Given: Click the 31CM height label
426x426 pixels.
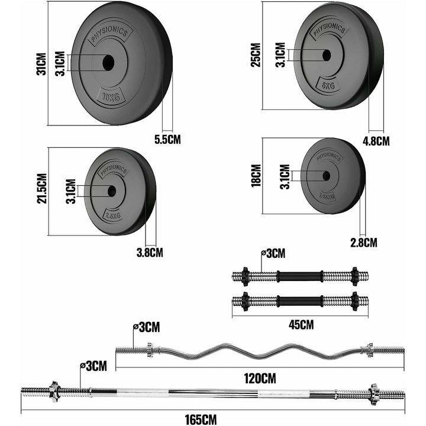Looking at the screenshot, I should pyautogui.click(x=41, y=63).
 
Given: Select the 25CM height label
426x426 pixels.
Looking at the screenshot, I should pyautogui.click(x=256, y=56).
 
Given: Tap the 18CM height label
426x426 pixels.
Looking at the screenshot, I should pyautogui.click(x=256, y=175).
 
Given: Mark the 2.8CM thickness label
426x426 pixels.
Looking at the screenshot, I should pyautogui.click(x=363, y=242).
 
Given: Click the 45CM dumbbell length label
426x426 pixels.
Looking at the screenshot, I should pyautogui.click(x=301, y=324).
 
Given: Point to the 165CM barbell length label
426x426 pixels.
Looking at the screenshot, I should pyautogui.click(x=200, y=419).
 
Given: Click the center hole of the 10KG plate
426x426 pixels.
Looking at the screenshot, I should pyautogui.click(x=108, y=63).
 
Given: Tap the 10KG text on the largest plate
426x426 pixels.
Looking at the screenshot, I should pyautogui.click(x=111, y=97).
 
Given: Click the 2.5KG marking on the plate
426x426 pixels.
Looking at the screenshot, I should pyautogui.click(x=112, y=215).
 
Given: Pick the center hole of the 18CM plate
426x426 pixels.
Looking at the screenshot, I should pyautogui.click(x=325, y=176).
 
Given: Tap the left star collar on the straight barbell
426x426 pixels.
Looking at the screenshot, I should pyautogui.click(x=54, y=390).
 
